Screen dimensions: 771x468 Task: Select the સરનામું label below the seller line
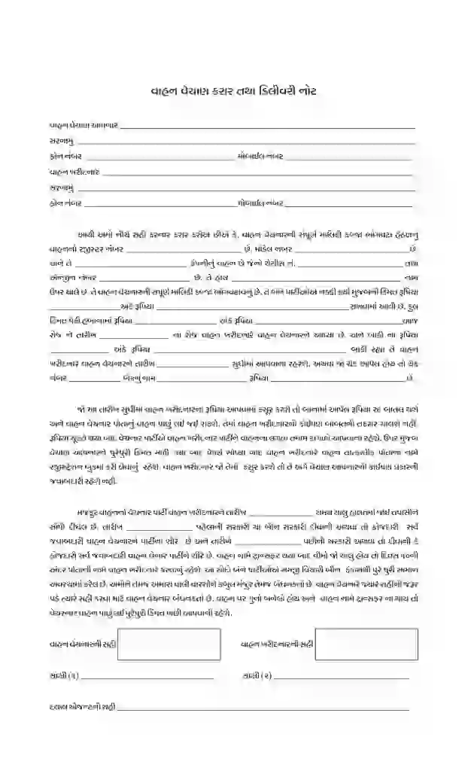(62, 141)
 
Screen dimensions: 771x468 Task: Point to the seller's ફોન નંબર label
(65, 157)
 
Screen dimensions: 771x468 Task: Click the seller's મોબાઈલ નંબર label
(260, 157)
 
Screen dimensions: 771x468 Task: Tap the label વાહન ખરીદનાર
(75, 172)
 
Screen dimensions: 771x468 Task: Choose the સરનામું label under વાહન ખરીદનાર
(62, 187)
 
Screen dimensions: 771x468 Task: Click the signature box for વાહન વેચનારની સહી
(169, 644)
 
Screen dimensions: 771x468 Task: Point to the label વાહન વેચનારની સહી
(81, 645)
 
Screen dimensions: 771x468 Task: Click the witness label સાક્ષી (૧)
(64, 676)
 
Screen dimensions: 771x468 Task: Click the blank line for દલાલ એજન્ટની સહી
(263, 709)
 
